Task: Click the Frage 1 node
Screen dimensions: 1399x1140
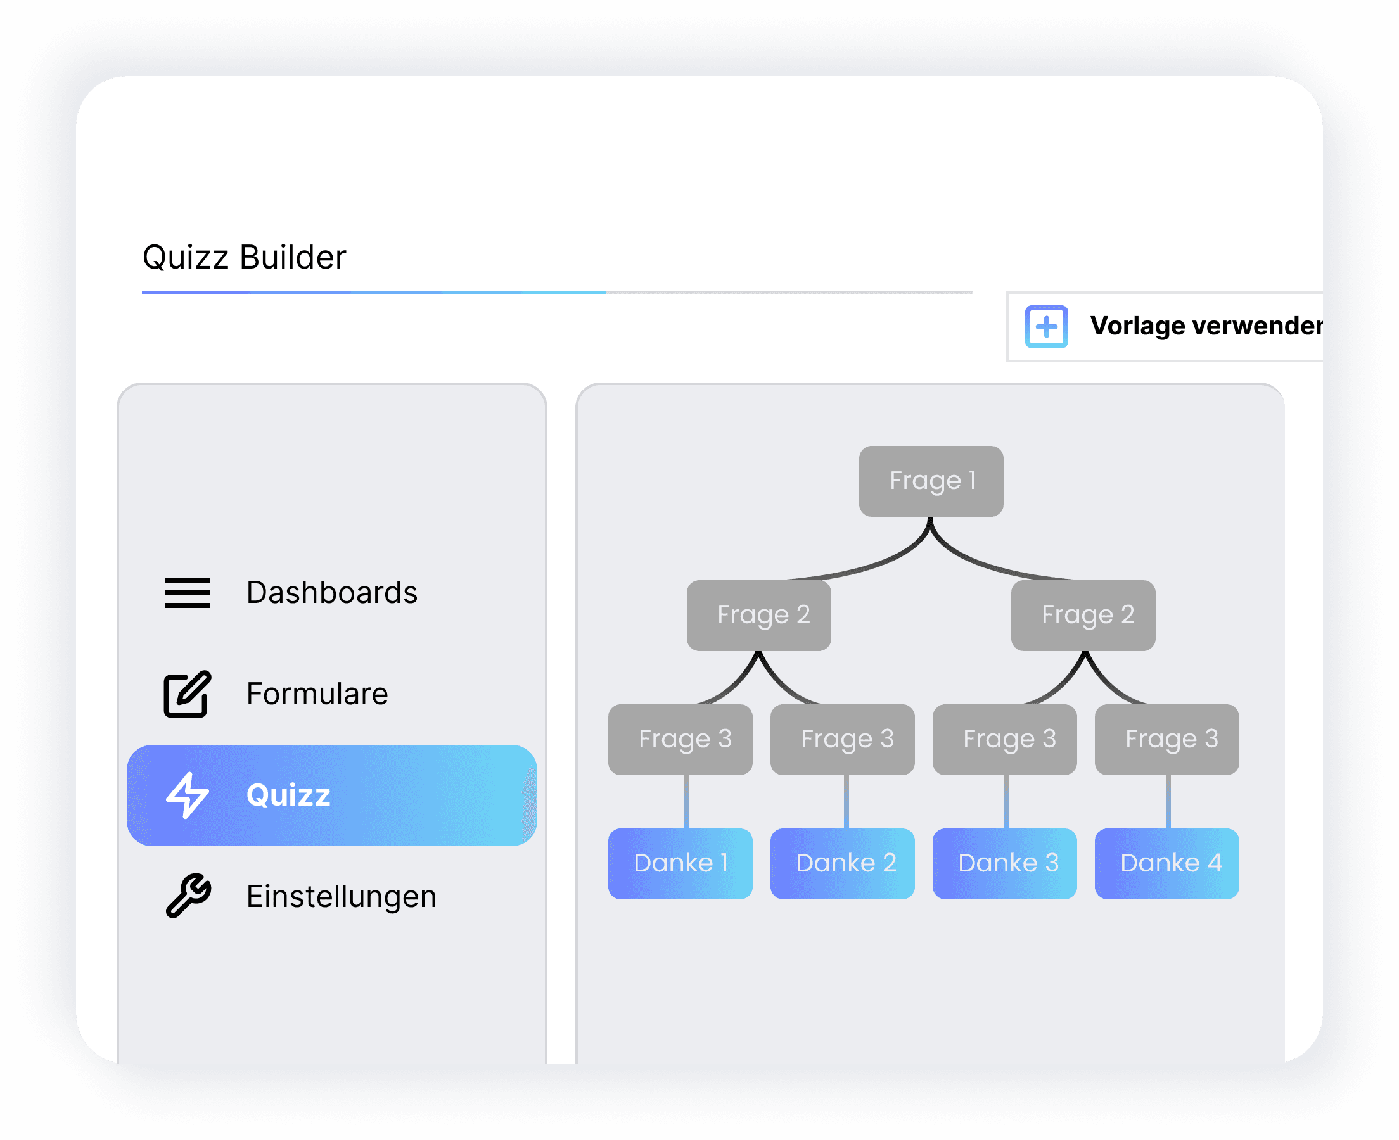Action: coord(931,481)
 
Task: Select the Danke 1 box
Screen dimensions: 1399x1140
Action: coord(680,863)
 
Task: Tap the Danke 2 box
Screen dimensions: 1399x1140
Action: coord(842,863)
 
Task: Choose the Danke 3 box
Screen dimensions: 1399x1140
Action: coord(1004,863)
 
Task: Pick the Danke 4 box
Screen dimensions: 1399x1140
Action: coord(1166,863)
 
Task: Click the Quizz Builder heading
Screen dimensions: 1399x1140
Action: coord(244,256)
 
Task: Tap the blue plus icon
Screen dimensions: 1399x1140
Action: coord(1046,326)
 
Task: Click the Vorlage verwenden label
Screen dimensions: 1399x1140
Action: coord(1206,326)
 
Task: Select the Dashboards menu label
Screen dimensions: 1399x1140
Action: coord(331,592)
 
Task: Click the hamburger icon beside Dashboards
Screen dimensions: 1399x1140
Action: coord(187,592)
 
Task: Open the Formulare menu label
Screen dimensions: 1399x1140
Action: coord(317,693)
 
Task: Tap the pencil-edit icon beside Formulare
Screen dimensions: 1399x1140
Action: coord(187,694)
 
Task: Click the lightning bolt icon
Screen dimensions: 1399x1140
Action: coord(187,795)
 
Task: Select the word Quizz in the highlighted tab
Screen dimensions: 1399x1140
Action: coord(288,795)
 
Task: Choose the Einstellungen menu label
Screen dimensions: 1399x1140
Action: coord(341,896)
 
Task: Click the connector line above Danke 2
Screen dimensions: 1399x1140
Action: coord(846,801)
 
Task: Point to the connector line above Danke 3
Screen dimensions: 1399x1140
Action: coord(1006,801)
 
